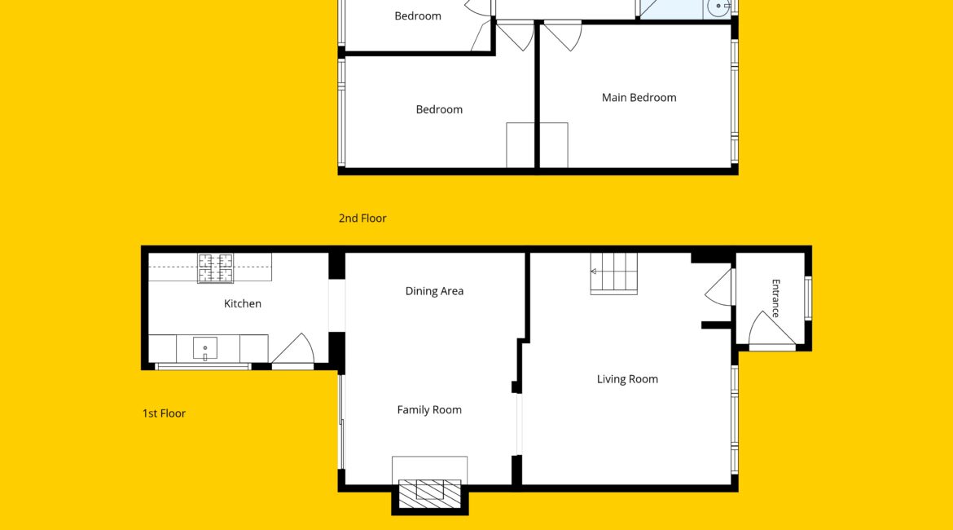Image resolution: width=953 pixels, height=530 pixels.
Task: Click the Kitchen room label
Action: tap(243, 303)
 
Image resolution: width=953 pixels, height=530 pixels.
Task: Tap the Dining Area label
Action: tap(435, 291)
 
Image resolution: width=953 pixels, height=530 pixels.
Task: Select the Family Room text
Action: tap(429, 410)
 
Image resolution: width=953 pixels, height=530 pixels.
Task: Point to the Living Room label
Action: tap(627, 379)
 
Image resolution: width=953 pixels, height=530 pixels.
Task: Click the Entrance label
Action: tap(775, 298)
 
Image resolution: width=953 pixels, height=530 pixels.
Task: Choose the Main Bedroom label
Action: tap(639, 97)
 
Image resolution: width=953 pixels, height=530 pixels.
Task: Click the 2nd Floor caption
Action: tap(362, 219)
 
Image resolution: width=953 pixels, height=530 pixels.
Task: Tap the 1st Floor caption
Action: tap(164, 413)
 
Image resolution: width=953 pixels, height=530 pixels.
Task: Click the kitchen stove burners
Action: tap(216, 268)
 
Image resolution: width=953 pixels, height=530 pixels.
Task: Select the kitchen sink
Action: tap(204, 349)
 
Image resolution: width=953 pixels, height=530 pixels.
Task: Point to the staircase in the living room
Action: tap(614, 274)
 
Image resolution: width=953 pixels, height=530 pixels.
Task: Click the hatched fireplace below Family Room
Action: tap(430, 493)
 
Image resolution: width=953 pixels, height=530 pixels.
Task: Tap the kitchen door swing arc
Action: tap(293, 350)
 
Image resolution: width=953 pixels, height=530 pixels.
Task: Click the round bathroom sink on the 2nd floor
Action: tap(718, 7)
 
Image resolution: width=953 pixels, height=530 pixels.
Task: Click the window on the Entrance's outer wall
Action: tap(808, 298)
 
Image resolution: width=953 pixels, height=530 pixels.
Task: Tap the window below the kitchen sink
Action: tap(203, 367)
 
